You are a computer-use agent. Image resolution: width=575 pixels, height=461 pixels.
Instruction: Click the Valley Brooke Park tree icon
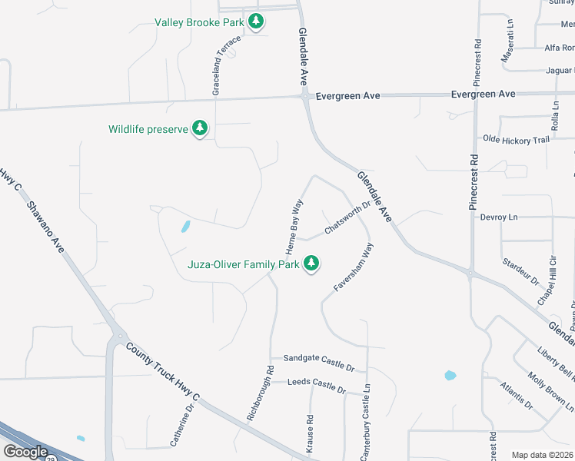(x=256, y=22)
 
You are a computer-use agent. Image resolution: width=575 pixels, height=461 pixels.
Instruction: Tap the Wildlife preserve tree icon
(x=200, y=128)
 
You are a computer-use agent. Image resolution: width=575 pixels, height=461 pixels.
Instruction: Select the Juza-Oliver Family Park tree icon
(x=311, y=264)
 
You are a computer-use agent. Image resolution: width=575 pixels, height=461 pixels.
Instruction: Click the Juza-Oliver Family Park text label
(x=244, y=265)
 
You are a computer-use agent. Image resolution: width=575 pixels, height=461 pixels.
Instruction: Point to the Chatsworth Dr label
(x=347, y=217)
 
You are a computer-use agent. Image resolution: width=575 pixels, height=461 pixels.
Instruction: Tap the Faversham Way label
(x=354, y=266)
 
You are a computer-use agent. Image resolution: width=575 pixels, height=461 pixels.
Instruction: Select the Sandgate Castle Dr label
(x=318, y=359)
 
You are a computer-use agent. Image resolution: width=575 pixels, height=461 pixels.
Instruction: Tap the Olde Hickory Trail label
(x=516, y=140)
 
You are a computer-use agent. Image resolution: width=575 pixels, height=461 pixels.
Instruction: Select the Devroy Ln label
(x=499, y=217)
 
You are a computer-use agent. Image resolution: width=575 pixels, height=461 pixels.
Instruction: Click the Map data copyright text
(x=543, y=455)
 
